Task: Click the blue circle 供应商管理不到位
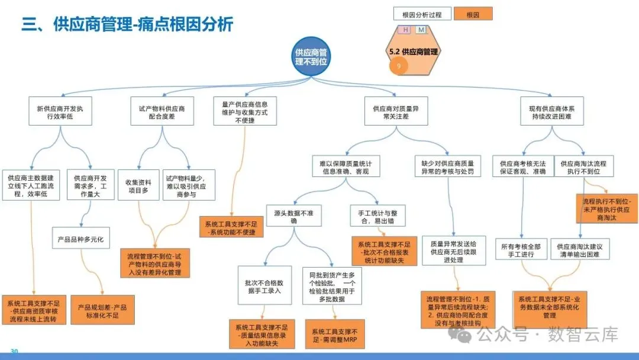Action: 311,57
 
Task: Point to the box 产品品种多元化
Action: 80,240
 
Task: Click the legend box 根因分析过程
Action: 421,14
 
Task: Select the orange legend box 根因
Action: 473,14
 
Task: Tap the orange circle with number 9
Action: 399,66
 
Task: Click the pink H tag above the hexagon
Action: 405,30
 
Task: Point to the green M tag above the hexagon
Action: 421,30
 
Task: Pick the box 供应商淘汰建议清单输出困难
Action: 579,249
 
